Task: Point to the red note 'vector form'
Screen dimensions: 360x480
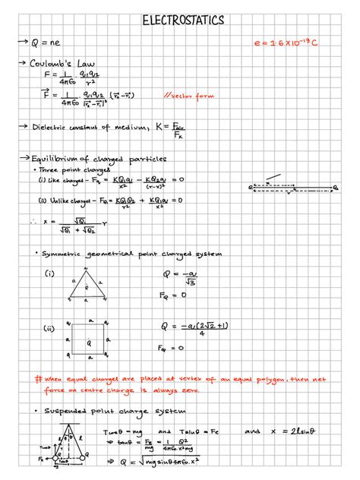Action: point(189,96)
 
